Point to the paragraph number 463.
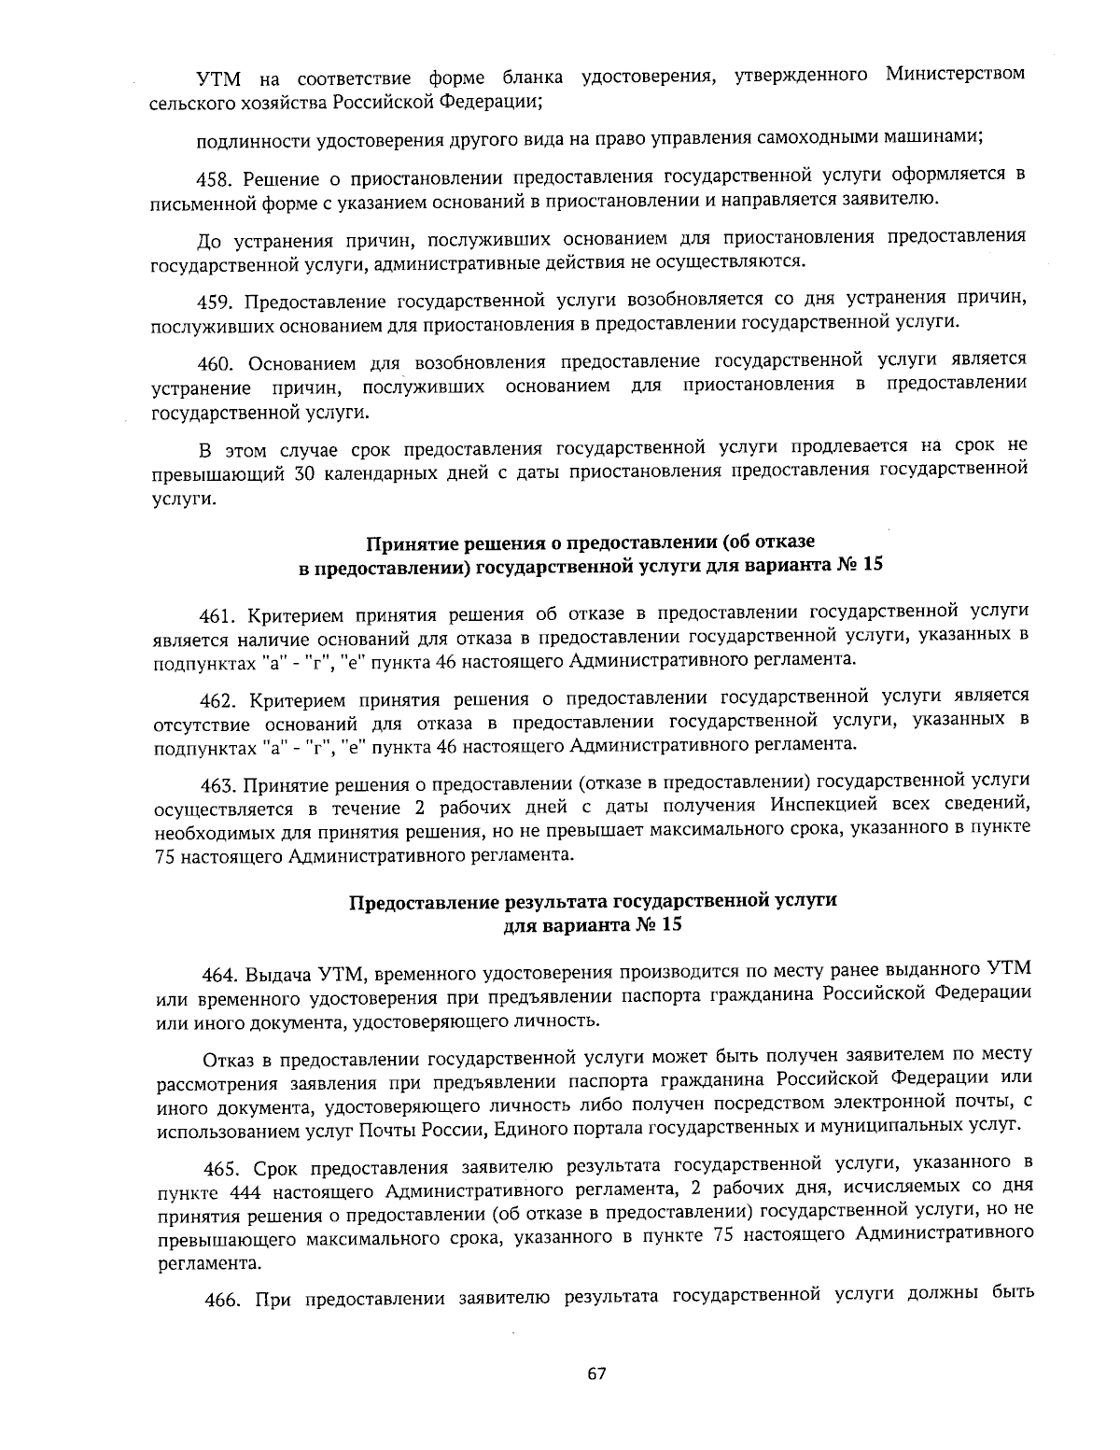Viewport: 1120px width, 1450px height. point(220,781)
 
